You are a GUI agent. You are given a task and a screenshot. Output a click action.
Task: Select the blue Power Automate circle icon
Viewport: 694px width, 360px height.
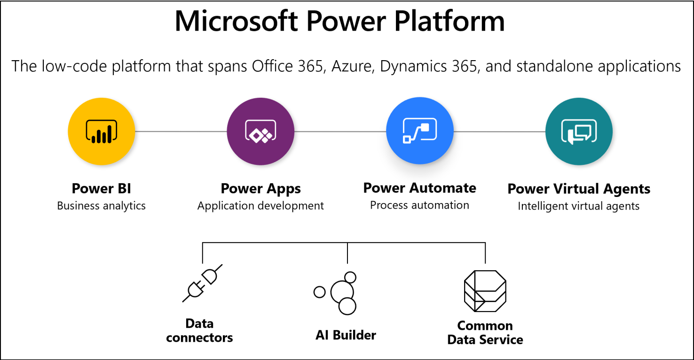tap(419, 131)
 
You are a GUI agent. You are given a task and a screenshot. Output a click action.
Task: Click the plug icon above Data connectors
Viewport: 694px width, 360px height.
tap(202, 283)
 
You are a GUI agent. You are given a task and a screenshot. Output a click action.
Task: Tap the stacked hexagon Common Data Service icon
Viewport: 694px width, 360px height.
tap(485, 291)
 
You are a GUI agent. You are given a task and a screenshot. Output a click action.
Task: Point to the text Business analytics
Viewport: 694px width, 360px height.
tap(102, 206)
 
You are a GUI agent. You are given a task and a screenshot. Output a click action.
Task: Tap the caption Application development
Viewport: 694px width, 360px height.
tap(260, 206)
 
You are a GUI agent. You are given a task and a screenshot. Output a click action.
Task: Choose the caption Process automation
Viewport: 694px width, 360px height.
tap(419, 205)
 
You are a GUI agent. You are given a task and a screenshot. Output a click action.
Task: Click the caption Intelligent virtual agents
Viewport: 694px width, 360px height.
tap(579, 206)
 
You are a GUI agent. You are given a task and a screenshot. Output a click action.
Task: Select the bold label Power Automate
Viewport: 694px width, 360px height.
tap(419, 188)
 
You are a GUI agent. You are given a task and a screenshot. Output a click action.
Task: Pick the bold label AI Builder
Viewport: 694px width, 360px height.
tap(346, 335)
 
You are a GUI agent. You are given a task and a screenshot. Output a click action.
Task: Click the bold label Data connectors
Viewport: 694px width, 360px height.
tap(199, 330)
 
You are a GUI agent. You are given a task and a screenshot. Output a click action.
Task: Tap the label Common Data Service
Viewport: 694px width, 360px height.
tap(485, 332)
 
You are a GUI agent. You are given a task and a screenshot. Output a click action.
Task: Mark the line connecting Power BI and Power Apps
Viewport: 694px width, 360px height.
tap(181, 131)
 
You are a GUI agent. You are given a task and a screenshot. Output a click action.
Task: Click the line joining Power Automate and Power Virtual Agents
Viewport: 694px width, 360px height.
tap(499, 131)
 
